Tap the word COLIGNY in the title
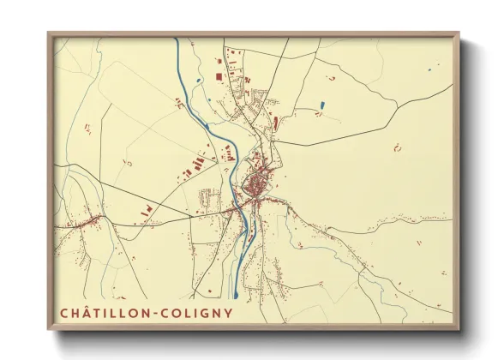(x=200, y=312)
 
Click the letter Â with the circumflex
(x=87, y=312)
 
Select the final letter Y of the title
(x=228, y=312)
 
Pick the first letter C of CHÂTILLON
(x=64, y=312)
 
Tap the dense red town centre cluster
(x=256, y=185)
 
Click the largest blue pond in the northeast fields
(x=322, y=105)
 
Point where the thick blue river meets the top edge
(x=177, y=39)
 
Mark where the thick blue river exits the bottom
(x=237, y=297)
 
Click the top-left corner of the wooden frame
(x=49, y=33)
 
